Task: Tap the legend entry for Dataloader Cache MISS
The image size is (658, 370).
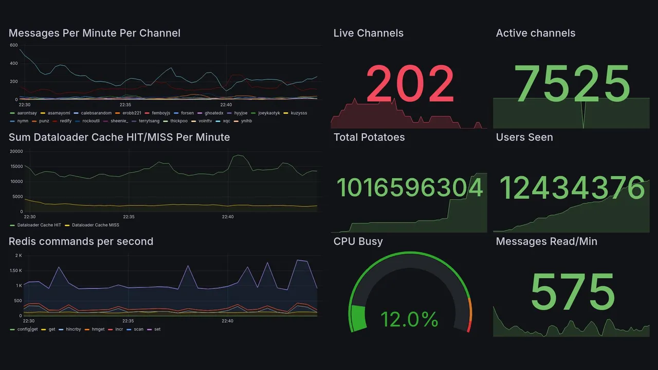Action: (x=95, y=225)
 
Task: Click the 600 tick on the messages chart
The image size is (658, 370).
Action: (x=13, y=45)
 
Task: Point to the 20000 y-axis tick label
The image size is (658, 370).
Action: (x=16, y=152)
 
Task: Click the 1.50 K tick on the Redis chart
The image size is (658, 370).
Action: (x=15, y=270)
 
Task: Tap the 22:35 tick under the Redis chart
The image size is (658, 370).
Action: (x=128, y=321)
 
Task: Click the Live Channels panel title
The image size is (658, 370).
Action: (x=368, y=33)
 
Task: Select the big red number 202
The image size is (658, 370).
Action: (x=410, y=84)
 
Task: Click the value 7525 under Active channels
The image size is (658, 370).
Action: (x=572, y=84)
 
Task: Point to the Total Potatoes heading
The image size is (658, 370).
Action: (x=369, y=137)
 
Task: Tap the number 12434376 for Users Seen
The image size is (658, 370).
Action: (x=572, y=188)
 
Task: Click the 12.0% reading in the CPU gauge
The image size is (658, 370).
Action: (x=409, y=319)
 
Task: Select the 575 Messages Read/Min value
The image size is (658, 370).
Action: (x=572, y=292)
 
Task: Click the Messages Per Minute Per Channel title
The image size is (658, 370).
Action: (x=95, y=33)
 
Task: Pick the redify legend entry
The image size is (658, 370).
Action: (x=65, y=121)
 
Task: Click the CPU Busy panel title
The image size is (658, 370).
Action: (x=358, y=242)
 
